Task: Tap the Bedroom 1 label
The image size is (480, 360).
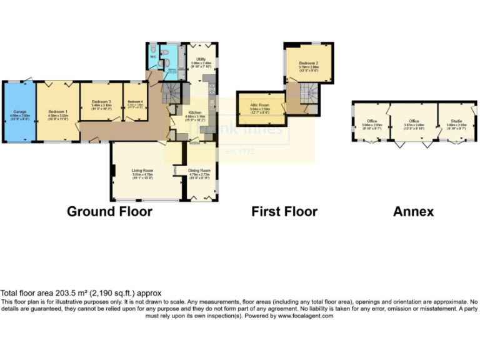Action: [57, 112]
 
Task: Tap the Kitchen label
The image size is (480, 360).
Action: [192, 112]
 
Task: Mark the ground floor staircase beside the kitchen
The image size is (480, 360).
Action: [171, 93]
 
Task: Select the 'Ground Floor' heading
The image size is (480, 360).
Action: [109, 211]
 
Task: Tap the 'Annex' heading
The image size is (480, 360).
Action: [413, 211]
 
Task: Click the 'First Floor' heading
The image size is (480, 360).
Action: [284, 211]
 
